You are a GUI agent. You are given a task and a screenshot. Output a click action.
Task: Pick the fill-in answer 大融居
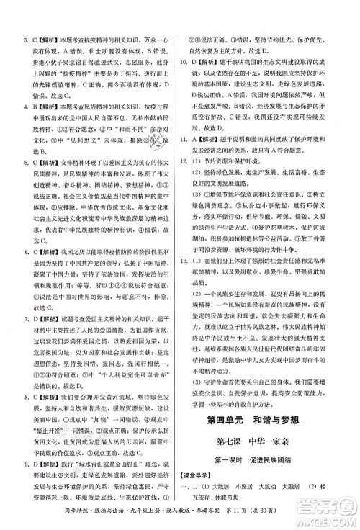(x=305, y=490)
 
